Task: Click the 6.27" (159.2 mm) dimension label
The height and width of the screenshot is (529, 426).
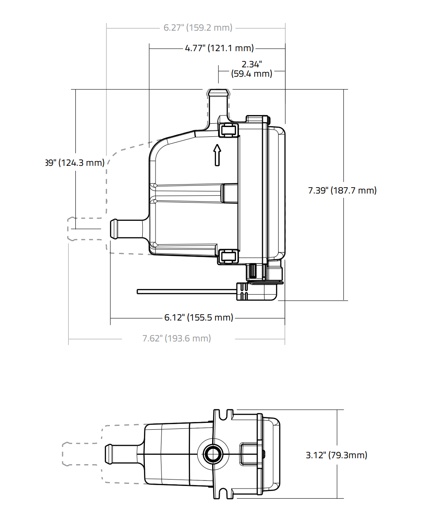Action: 198,28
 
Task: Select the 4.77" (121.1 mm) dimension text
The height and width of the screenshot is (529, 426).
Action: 219,48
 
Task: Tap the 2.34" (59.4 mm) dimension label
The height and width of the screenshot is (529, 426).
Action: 252,69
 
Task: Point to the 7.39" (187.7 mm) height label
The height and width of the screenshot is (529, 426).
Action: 342,191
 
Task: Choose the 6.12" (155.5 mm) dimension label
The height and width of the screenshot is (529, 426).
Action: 199,318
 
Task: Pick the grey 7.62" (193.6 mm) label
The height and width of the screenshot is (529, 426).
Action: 176,338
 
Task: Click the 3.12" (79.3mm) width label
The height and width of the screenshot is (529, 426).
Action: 336,455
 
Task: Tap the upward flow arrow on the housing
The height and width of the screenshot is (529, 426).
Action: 217,155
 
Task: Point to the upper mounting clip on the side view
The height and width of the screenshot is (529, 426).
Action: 228,130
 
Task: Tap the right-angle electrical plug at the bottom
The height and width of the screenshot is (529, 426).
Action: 258,292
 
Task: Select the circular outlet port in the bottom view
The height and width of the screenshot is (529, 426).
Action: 213,454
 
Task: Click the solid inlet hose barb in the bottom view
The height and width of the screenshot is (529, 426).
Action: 121,454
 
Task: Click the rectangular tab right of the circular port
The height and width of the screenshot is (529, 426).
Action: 249,454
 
